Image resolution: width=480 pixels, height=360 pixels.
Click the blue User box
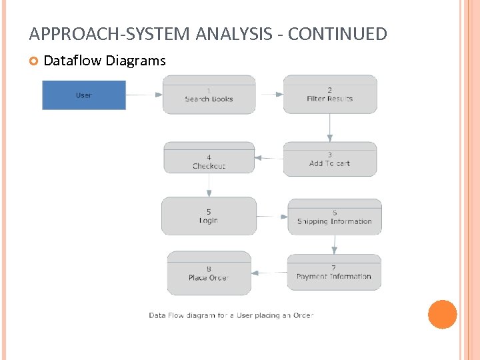(x=84, y=95)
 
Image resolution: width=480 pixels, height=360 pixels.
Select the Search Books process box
(x=209, y=95)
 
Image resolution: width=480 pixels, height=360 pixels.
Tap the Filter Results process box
(x=330, y=95)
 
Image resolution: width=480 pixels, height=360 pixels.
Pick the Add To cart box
(x=330, y=159)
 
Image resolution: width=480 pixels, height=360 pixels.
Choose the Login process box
(x=209, y=216)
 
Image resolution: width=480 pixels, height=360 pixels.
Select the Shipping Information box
(x=335, y=217)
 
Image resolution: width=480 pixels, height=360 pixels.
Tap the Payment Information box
(x=334, y=272)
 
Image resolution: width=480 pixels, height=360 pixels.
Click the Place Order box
(x=209, y=273)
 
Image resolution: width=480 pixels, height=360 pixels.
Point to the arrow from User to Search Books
(x=144, y=95)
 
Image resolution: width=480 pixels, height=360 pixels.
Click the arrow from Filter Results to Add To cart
(x=330, y=127)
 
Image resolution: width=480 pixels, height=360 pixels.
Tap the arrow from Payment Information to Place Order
(x=269, y=272)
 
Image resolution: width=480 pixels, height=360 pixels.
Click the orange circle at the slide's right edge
(x=442, y=314)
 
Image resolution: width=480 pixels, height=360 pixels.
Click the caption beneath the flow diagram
(x=231, y=315)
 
